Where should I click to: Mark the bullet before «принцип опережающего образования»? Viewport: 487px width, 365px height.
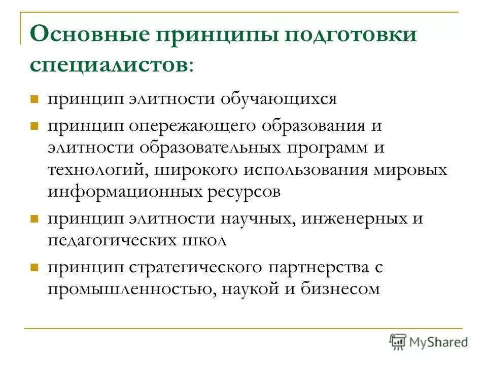(x=35, y=125)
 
